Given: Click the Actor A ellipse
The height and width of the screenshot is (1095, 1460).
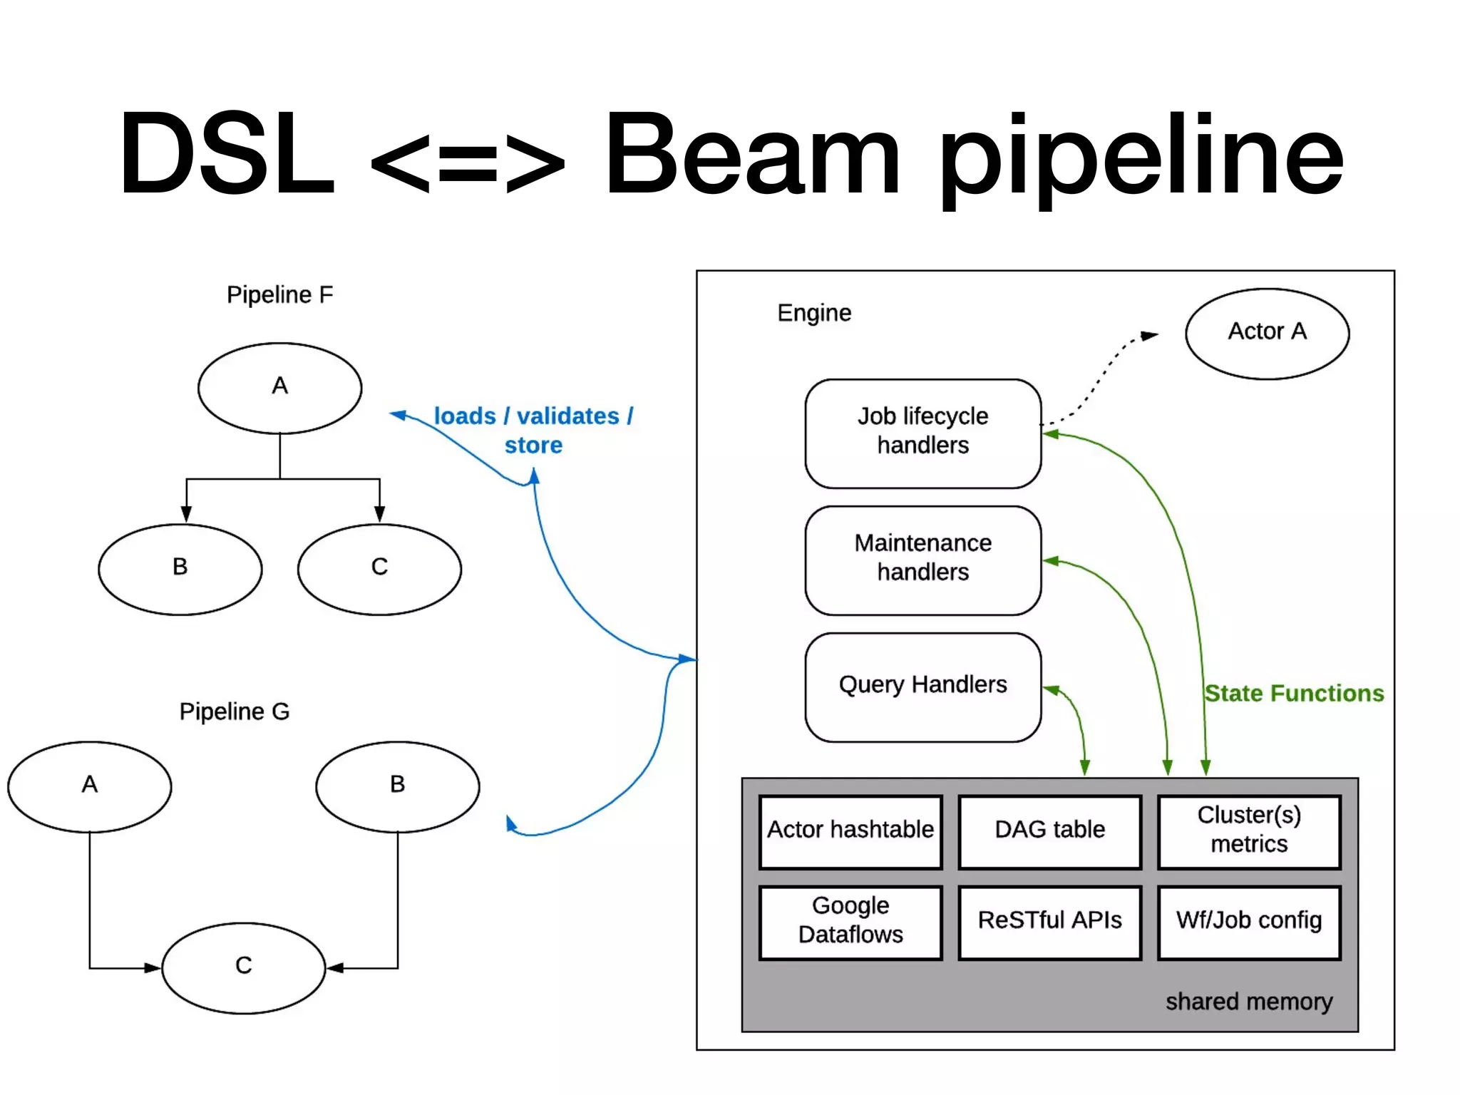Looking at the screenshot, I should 1267,333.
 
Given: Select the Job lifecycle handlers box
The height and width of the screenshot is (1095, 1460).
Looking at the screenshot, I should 922,433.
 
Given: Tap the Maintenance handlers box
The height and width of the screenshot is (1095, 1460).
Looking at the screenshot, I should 922,560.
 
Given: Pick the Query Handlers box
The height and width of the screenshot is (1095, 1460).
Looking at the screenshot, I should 922,687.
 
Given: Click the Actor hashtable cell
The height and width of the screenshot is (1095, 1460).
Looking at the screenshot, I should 850,831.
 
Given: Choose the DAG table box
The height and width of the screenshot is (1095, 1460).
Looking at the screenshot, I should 1049,831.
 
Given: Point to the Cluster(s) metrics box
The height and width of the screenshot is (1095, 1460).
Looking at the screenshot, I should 1249,831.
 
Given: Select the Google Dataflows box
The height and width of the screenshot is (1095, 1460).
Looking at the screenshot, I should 850,922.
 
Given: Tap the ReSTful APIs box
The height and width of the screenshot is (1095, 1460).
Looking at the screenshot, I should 1049,922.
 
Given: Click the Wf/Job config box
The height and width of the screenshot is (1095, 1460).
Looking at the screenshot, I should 1249,922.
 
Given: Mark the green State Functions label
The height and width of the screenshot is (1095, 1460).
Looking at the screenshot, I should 1294,693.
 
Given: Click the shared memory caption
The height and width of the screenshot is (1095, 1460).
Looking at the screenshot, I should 1248,1002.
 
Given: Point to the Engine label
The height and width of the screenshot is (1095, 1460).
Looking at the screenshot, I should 814,313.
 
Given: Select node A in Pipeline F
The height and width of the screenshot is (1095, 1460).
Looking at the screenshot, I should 279,387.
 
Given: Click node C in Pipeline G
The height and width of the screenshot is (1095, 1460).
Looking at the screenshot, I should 243,967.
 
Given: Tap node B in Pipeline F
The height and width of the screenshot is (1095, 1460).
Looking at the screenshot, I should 180,568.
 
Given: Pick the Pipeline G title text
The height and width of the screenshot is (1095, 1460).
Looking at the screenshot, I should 235,711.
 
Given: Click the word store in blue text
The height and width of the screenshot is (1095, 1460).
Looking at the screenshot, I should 533,446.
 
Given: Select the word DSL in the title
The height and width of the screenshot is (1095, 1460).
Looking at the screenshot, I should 227,153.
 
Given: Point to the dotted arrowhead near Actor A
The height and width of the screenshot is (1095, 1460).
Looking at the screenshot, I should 1149,335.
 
